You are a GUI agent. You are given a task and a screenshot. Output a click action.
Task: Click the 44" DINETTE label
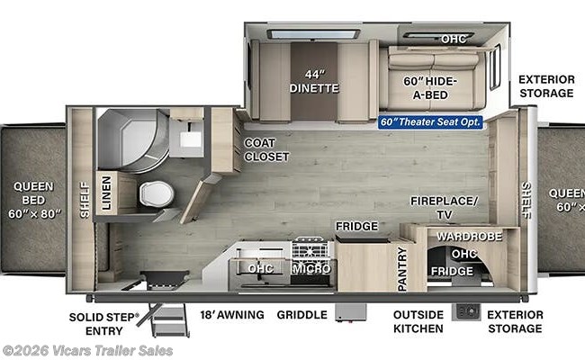pyautogui.click(x=314, y=81)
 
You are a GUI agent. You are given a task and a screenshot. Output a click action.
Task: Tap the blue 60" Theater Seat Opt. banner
pyautogui.click(x=430, y=122)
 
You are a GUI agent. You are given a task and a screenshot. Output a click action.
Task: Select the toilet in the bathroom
pyautogui.click(x=157, y=194)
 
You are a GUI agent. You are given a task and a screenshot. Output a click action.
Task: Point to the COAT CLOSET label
pyautogui.click(x=266, y=149)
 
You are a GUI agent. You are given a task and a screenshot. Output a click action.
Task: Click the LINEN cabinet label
pyautogui.click(x=106, y=193)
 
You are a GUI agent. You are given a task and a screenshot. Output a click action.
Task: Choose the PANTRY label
pyautogui.click(x=402, y=269)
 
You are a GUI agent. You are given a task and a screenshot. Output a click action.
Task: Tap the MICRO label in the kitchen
pyautogui.click(x=312, y=268)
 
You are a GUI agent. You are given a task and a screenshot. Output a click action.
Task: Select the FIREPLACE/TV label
pyautogui.click(x=444, y=207)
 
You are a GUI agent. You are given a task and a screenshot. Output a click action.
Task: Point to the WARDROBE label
pyautogui.click(x=469, y=236)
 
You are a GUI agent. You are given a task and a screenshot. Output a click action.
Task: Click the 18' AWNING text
pyautogui.click(x=232, y=314)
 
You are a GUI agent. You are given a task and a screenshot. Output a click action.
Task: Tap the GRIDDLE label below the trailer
pyautogui.click(x=301, y=315)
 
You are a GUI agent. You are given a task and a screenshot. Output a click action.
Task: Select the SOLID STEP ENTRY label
pyautogui.click(x=103, y=324)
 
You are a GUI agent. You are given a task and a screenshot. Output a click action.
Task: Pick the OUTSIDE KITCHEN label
pyautogui.click(x=418, y=321)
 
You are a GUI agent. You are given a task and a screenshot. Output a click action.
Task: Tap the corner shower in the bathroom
pyautogui.click(x=133, y=140)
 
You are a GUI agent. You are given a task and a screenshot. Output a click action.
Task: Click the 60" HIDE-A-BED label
pyautogui.click(x=430, y=88)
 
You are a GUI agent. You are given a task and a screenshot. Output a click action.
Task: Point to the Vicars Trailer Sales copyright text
pyautogui.click(x=87, y=351)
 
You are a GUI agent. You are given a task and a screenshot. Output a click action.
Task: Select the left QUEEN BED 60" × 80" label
pyautogui.click(x=34, y=200)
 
